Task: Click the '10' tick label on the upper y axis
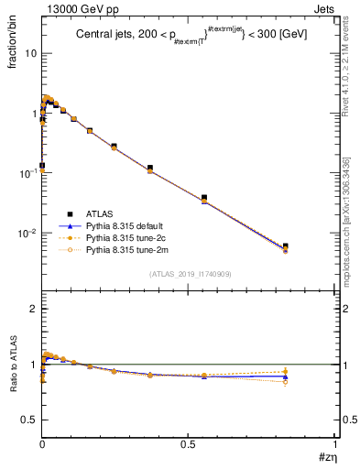coord(31,53)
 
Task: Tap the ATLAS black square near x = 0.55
coord(204,197)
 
